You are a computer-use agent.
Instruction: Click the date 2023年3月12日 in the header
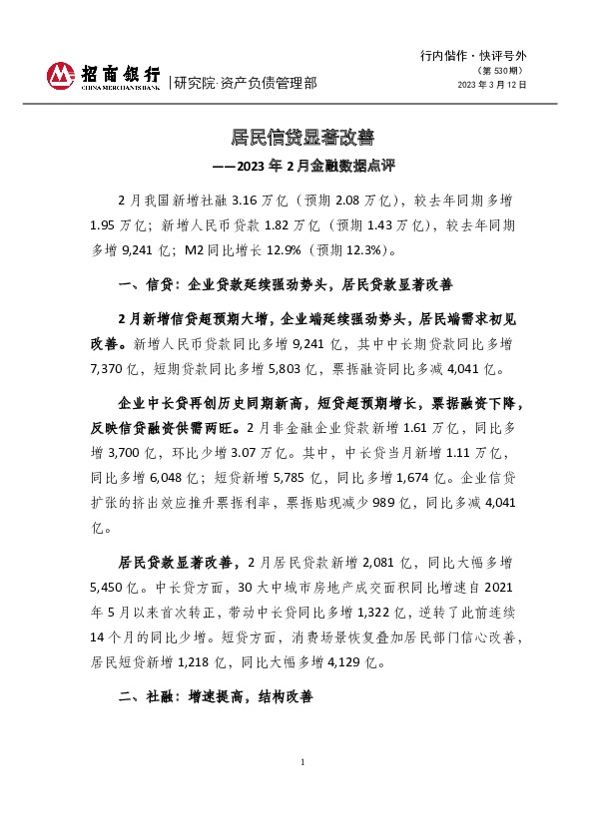[x=491, y=85]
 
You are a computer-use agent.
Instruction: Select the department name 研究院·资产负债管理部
[x=245, y=83]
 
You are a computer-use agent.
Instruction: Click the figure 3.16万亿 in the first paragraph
[x=259, y=201]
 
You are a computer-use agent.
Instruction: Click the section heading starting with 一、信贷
[x=286, y=284]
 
